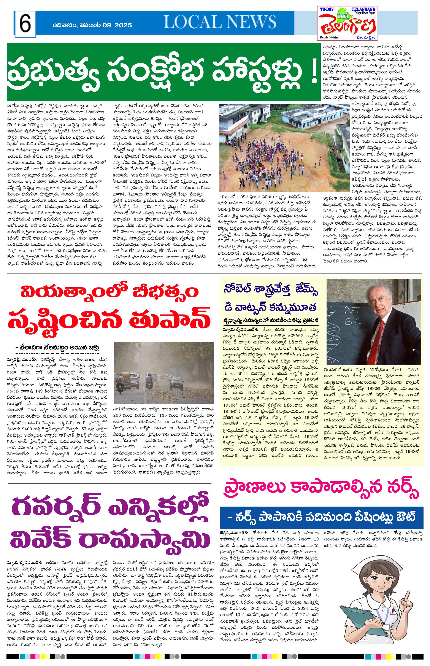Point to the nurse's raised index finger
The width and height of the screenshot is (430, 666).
(x=406, y=598)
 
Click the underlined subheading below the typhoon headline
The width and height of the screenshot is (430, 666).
(x=57, y=348)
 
